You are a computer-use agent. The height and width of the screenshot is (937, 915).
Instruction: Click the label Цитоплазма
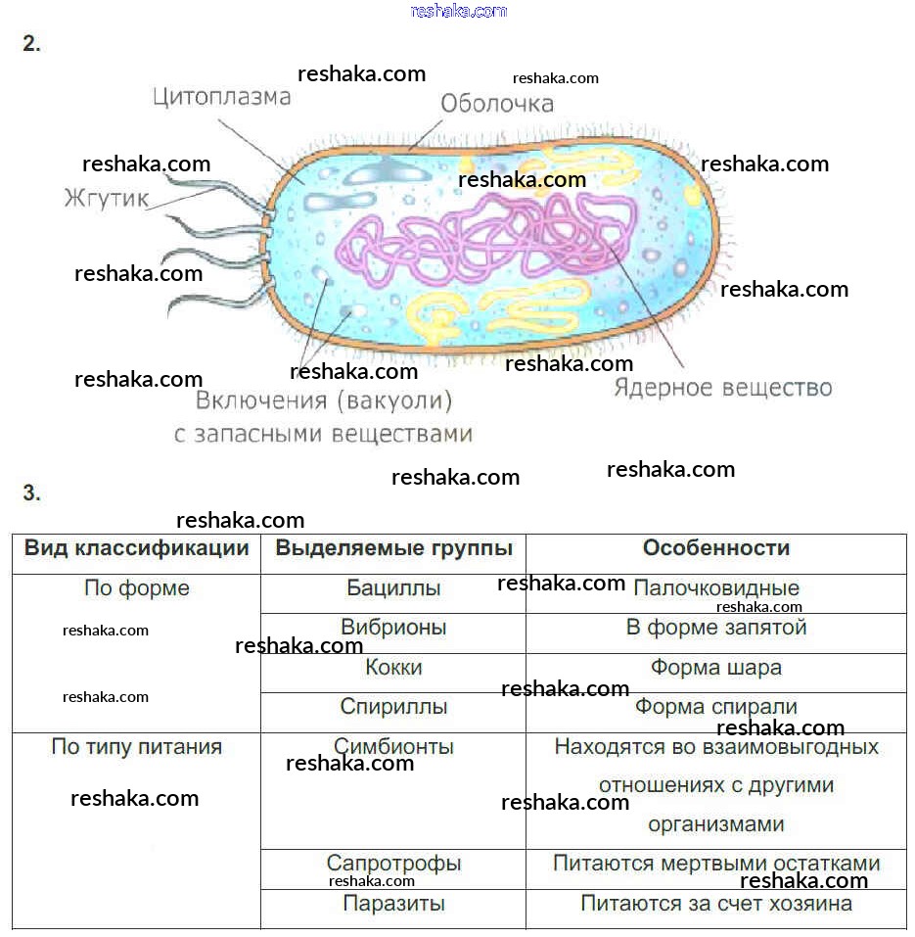coord(222,97)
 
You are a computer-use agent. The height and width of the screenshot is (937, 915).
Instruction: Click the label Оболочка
coord(496,103)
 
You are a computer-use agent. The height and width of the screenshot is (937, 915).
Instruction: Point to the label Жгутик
coord(106,199)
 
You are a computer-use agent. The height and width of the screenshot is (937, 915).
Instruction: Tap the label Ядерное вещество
coord(722,388)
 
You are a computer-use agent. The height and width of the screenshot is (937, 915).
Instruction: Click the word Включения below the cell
coord(260,400)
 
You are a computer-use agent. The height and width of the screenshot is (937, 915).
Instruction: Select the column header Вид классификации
coord(136,548)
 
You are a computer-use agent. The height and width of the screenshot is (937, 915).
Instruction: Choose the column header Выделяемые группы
coord(393,548)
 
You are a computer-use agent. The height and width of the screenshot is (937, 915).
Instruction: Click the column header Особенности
coord(715,548)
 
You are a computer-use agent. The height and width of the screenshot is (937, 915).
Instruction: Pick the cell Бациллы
coord(393,588)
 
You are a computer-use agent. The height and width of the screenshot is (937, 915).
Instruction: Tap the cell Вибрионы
coord(393,628)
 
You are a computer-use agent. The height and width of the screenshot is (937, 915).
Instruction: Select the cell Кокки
coord(393,668)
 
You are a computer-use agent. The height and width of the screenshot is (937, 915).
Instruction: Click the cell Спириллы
coord(393,707)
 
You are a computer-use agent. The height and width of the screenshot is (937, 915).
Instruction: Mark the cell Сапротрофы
coord(393,865)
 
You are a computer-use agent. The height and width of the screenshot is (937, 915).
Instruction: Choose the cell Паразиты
coord(393,904)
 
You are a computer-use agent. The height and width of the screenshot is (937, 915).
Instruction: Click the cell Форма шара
coord(715,668)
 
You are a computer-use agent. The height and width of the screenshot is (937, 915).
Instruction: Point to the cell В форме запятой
coord(715,628)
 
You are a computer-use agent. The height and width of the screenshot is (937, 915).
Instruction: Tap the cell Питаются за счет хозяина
coord(715,904)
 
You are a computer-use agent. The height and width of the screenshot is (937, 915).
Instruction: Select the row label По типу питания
coord(136,747)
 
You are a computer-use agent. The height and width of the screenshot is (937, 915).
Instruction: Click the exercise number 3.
coord(32,493)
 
